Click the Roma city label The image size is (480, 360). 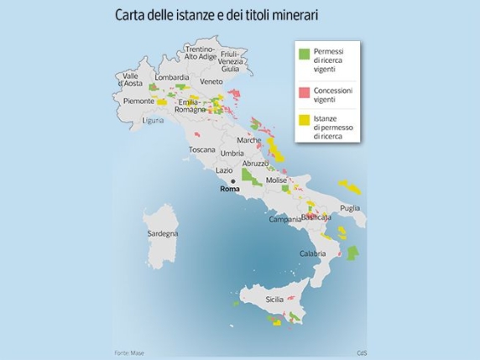pos(229,190)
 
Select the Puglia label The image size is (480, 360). pos(350,207)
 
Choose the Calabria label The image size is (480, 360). pos(313,253)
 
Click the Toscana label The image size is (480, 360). pos(201,149)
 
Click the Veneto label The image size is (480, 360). pos(211,81)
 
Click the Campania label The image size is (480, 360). pos(284,220)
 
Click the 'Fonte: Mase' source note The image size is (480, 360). pos(129,352)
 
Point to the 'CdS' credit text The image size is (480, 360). pos(362,352)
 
